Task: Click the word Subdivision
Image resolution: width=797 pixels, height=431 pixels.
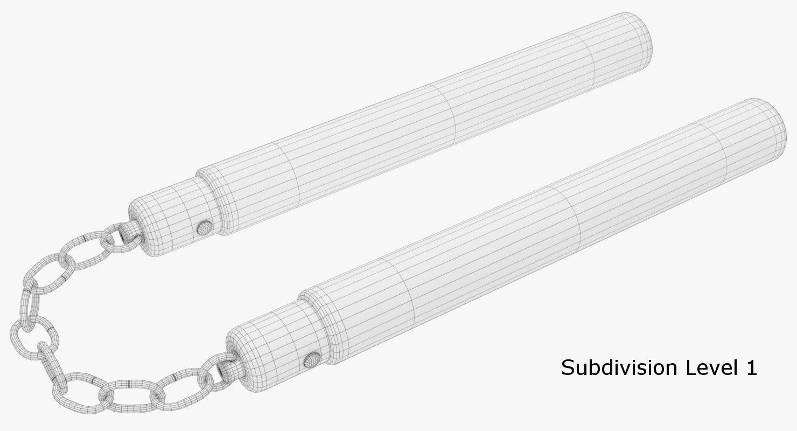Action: click(619, 368)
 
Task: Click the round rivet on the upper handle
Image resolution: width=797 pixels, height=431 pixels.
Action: click(205, 228)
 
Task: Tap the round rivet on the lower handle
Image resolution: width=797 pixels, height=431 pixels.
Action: click(311, 360)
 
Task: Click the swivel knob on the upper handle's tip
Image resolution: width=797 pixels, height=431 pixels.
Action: click(127, 232)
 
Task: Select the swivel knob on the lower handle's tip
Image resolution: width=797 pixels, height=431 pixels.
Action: click(224, 370)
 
